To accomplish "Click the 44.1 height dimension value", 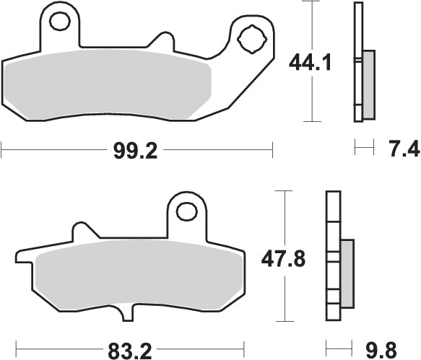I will point(311,64).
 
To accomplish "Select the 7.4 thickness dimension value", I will point(403,150).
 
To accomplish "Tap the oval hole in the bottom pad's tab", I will point(186,211).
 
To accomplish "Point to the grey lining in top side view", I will point(368,84).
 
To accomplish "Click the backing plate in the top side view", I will point(357,61).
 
